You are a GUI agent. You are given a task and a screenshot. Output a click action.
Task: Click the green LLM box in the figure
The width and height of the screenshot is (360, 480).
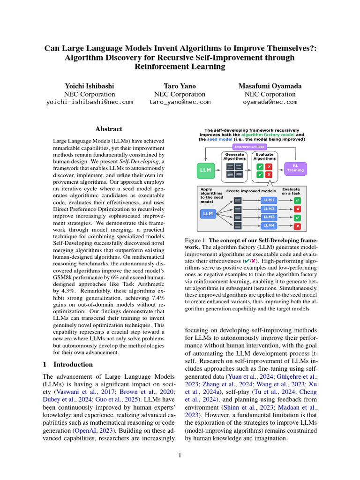[205, 170]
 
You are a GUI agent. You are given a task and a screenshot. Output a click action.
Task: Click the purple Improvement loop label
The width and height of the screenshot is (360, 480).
[252, 146]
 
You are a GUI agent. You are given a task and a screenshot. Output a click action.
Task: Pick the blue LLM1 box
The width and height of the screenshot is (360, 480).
[269, 200]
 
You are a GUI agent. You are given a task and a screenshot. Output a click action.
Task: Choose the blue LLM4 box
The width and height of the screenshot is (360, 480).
[269, 226]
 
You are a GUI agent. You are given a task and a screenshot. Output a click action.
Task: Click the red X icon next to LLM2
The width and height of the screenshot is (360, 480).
[298, 209]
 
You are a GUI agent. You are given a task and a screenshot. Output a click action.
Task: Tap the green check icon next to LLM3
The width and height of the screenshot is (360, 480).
[298, 217]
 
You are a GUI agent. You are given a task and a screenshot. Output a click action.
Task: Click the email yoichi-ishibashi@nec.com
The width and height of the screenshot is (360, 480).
[90, 102]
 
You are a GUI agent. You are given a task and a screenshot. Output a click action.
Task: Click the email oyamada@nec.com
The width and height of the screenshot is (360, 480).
[270, 102]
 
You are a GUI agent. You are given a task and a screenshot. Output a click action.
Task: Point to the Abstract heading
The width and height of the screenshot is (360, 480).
[109, 129]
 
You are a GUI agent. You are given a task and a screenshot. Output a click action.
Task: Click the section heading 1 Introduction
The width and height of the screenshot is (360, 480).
[67, 364]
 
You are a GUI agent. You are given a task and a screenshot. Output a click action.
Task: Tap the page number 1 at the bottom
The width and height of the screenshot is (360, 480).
[180, 454]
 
